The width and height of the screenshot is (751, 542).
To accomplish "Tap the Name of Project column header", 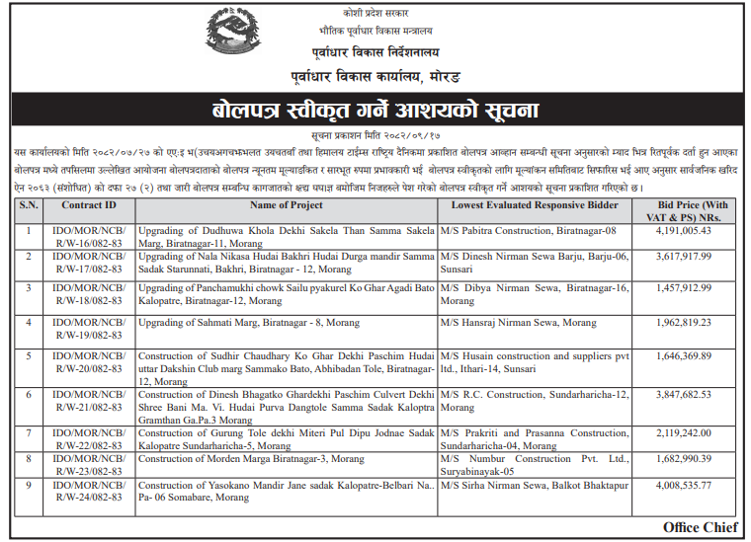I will pos(287,205).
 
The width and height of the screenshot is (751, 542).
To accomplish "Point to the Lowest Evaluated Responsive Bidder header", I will pos(534,205).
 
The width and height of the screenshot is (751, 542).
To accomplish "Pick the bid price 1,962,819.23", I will pos(684,322).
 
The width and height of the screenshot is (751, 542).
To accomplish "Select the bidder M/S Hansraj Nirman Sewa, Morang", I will pos(519,323).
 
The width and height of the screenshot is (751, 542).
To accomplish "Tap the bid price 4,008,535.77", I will pos(684,485).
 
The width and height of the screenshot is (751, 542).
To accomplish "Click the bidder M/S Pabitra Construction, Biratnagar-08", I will pos(528,230).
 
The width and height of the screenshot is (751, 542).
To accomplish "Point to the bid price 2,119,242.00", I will pos(684,432).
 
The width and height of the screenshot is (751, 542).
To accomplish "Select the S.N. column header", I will pos(29,205).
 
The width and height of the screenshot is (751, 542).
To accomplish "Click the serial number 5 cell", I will pos(29,356).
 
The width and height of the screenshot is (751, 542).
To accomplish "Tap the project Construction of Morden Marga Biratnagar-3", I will pos(256,459).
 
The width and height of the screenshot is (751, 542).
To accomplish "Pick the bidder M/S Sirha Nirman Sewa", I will pos(534,486).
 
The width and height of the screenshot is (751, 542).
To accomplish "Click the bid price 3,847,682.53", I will pos(684,394).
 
